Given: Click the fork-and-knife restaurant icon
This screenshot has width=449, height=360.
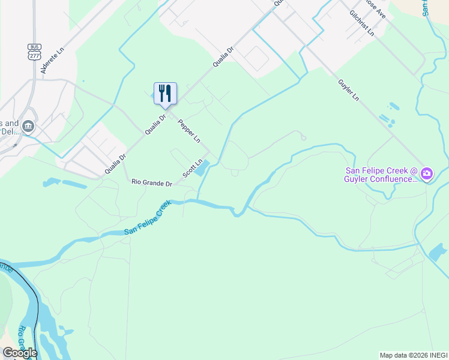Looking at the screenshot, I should tap(165, 94).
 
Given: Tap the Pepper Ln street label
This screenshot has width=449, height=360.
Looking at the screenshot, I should tap(189, 131).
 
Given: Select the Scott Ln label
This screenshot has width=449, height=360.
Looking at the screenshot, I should tap(193, 167).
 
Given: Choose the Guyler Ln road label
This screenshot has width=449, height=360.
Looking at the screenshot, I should tap(348, 89).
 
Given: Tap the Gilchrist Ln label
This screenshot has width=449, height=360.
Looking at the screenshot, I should tap(362, 23).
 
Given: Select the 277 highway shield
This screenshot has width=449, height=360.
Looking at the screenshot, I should tap(34, 55).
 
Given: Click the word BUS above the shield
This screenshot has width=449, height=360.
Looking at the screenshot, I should tap(34, 46).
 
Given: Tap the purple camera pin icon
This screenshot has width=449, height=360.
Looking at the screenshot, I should tap(427, 175).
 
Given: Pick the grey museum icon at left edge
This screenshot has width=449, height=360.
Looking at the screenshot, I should tap(28, 127).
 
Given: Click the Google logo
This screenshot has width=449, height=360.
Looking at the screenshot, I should tap(19, 353).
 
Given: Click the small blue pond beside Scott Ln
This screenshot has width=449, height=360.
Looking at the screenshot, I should tap(202, 167).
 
